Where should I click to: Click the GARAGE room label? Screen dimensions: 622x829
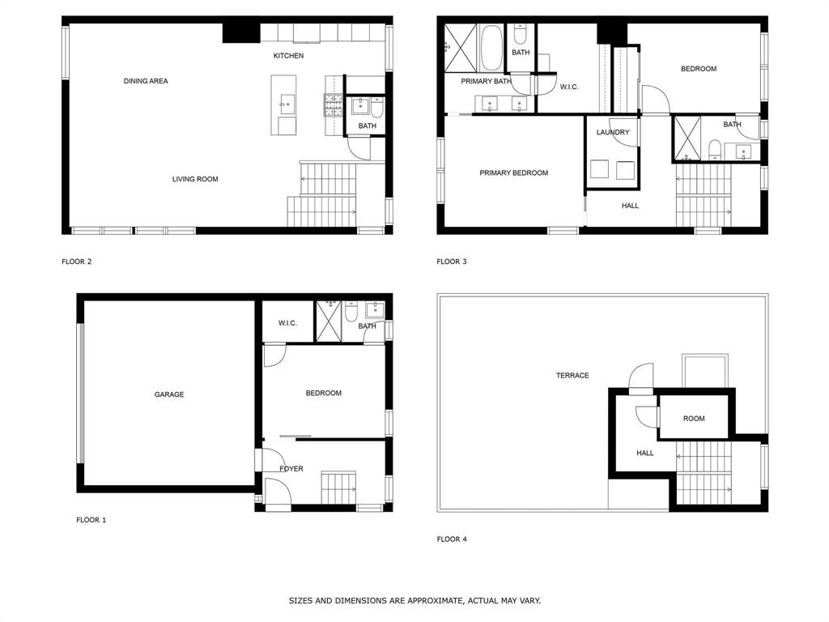tap(169, 394)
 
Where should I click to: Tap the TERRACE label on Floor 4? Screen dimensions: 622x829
tap(572, 376)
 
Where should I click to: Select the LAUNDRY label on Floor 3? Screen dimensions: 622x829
tap(613, 132)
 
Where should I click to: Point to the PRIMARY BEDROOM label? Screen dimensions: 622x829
tap(513, 173)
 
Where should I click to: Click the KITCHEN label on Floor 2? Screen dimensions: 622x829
tap(288, 56)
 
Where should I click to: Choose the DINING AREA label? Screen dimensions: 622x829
tap(146, 81)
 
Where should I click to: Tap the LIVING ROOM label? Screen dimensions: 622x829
tap(195, 179)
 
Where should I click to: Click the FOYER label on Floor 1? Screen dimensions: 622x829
tap(291, 469)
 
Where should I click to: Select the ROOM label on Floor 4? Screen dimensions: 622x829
tap(694, 419)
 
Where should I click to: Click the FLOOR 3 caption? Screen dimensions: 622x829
tap(452, 262)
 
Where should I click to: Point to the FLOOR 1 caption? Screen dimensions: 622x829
tap(91, 520)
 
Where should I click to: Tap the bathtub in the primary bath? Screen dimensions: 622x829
tap(491, 49)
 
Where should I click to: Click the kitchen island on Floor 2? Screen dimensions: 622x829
tap(283, 104)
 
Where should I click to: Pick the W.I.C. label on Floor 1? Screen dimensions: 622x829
tap(287, 323)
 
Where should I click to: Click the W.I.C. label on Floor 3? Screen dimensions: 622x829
tap(569, 87)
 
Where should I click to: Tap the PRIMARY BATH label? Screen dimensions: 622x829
tap(486, 81)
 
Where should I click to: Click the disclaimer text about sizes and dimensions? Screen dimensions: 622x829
tap(414, 601)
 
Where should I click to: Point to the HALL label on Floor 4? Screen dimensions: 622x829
tap(644, 454)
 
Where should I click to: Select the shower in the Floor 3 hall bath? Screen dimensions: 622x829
tap(687, 138)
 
